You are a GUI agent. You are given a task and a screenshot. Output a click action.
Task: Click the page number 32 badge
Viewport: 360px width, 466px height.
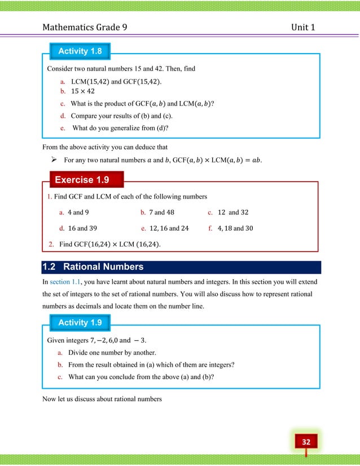tap(305, 441)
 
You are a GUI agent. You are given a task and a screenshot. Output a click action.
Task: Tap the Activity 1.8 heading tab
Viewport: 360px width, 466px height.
tap(80, 51)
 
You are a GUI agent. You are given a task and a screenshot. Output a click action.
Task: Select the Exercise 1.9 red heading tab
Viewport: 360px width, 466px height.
tap(81, 180)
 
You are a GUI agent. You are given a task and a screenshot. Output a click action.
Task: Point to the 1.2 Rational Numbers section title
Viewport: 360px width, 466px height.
tap(93, 267)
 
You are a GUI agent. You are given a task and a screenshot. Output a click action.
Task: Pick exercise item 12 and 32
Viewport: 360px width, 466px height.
tap(232, 213)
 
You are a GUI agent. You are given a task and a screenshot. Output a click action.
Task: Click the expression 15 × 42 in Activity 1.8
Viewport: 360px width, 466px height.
tap(82, 91)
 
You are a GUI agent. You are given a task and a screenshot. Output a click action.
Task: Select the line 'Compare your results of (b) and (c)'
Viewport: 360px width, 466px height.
tap(121, 116)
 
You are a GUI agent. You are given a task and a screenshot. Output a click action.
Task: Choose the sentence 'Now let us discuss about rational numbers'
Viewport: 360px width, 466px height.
tap(102, 399)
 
